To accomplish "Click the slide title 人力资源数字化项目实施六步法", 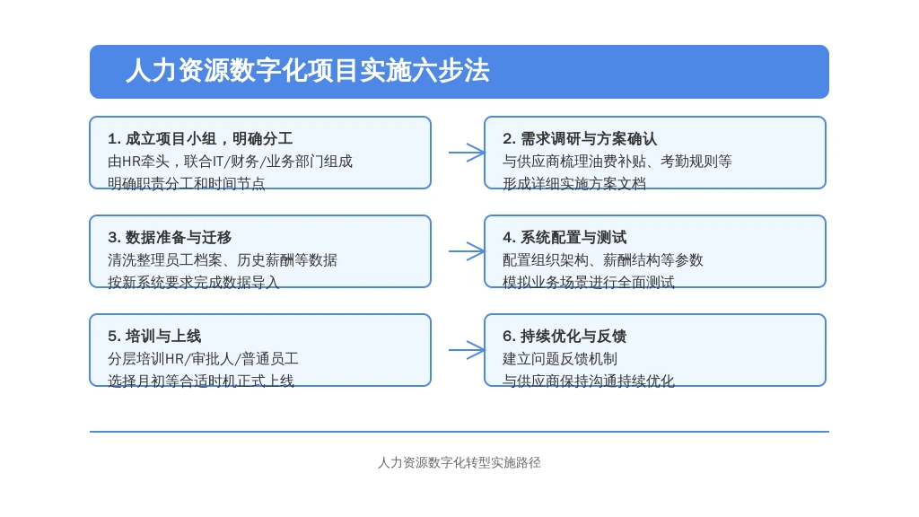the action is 308,71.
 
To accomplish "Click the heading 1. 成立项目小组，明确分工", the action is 200,139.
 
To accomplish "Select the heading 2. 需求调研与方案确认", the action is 580,139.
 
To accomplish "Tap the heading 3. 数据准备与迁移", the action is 170,237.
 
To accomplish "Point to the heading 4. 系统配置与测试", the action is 565,237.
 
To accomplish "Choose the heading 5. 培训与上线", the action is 154,336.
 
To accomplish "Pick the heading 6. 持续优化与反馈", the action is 565,336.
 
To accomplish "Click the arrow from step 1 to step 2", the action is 467,153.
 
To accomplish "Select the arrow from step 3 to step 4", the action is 467,251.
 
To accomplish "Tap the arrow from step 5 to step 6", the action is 467,350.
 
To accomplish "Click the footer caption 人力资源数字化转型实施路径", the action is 459,462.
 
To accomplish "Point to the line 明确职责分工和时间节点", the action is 187,183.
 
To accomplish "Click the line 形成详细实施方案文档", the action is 574,183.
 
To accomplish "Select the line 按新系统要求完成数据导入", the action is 194,282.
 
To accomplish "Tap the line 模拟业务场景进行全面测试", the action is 589,282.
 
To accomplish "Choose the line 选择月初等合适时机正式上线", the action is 201,381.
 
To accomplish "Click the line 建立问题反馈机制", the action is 560,359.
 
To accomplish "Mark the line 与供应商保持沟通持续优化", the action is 589,381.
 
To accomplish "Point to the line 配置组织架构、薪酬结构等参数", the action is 603,259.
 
